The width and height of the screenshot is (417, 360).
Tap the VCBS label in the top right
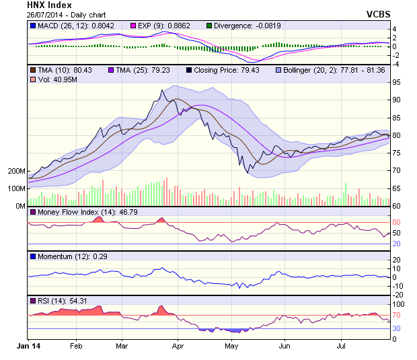click(x=378, y=13)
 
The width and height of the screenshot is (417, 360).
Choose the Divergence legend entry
click(x=239, y=26)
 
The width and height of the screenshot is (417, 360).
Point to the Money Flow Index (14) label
click(x=78, y=212)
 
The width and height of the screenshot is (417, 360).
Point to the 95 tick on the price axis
click(x=396, y=82)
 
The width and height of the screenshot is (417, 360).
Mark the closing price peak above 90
click(x=163, y=90)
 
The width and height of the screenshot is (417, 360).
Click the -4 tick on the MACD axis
click(x=395, y=64)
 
